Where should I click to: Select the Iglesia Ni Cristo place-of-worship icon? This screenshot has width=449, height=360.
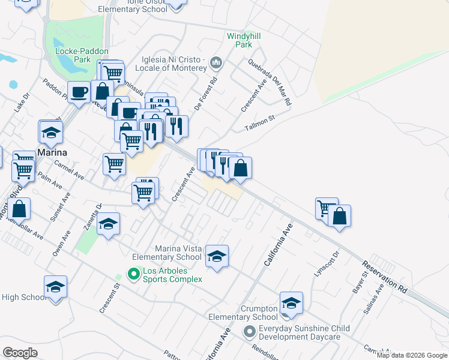coord(217,62)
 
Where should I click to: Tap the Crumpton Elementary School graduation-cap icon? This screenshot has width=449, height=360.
coord(291,304)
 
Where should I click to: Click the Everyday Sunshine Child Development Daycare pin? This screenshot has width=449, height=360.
coord(250,331)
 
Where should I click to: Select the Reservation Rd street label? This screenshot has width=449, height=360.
coord(385,277)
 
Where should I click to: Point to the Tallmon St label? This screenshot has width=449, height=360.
coord(259,122)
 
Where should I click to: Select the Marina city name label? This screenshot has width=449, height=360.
coord(52,152)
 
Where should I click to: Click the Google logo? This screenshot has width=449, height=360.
coord(20,352)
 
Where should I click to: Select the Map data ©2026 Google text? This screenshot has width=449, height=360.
coord(411,355)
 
